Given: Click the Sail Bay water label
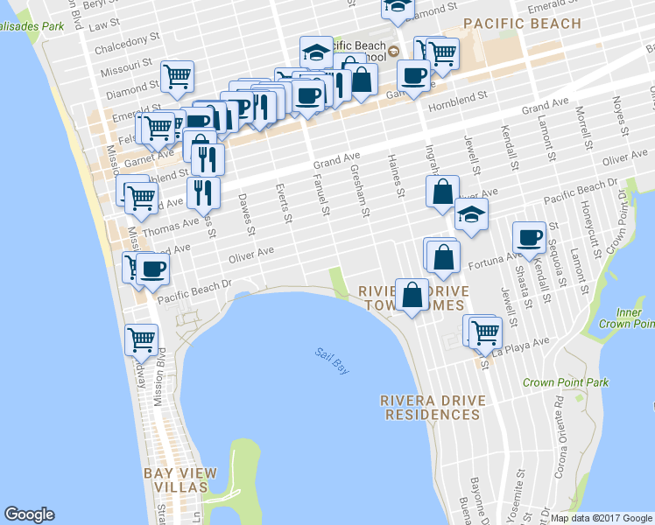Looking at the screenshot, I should pyautogui.click(x=332, y=361).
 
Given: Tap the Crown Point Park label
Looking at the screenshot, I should pyautogui.click(x=565, y=382).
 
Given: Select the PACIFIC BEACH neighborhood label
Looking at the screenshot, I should pyautogui.click(x=522, y=24).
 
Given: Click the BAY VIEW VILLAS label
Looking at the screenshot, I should pyautogui.click(x=176, y=479).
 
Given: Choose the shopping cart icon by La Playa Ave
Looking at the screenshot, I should pyautogui.click(x=484, y=331).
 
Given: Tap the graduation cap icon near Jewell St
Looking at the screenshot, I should pyautogui.click(x=471, y=214).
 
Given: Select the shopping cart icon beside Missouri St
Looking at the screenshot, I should pyautogui.click(x=177, y=76).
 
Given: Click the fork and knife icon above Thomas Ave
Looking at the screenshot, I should pyautogui.click(x=203, y=192).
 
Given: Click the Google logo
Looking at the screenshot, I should pyautogui.click(x=29, y=514).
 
